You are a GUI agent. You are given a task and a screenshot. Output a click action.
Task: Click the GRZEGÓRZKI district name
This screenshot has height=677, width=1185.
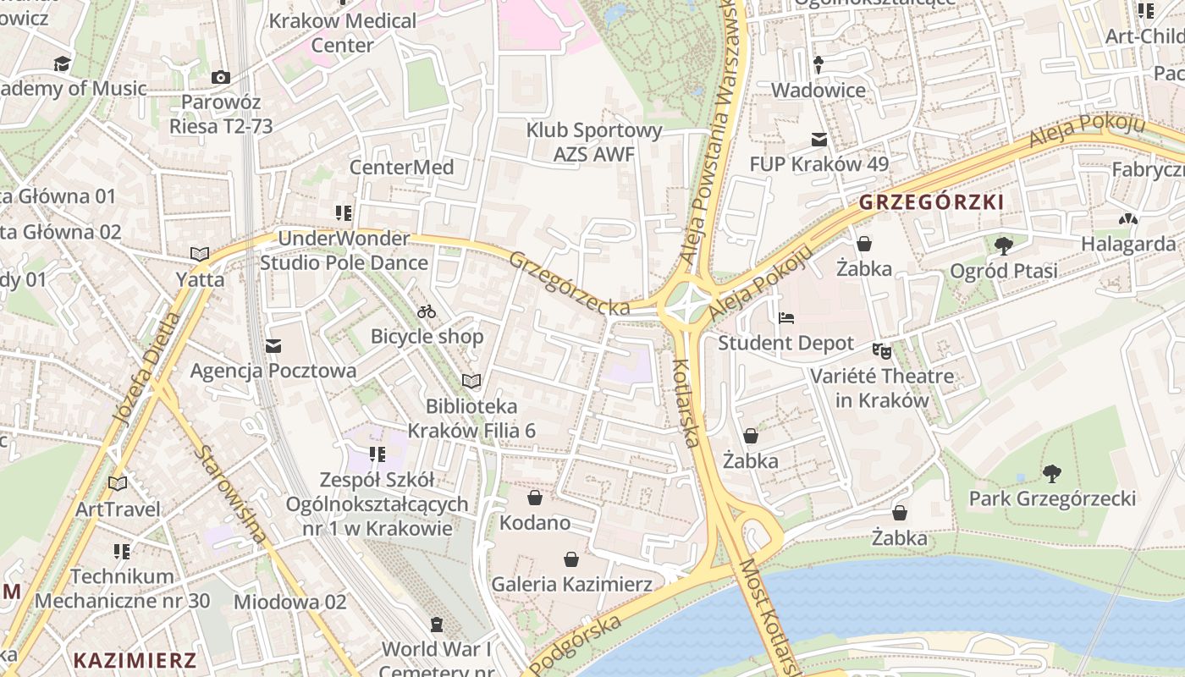pos(931,202)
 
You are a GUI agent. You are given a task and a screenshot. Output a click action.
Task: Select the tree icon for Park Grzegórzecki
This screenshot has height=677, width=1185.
pos(1052,474)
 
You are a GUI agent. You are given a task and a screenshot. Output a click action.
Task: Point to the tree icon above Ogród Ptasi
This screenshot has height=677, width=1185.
pos(1004,246)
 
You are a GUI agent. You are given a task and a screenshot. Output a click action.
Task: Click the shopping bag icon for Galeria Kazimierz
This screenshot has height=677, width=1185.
pos(571,559)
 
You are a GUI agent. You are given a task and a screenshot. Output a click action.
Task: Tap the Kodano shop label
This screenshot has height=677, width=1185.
pos(535,522)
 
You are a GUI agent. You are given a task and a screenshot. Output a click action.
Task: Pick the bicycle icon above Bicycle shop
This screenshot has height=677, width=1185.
pos(427,311)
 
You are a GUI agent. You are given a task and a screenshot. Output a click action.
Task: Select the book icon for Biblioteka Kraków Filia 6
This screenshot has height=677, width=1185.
pos(471,382)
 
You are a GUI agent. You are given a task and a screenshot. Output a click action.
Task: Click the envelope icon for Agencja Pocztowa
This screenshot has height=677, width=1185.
pos(273,346)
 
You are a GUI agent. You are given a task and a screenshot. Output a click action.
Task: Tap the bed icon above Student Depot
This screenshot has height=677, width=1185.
pos(786,318)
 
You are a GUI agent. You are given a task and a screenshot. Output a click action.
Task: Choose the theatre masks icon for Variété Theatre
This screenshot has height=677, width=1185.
pos(882,350)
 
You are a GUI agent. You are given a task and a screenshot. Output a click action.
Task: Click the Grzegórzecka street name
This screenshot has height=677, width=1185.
pos(570,283)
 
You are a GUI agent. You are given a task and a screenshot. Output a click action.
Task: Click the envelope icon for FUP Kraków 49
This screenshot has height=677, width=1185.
pos(818,140)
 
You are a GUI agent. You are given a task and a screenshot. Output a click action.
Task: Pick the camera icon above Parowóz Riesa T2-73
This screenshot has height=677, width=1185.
pos(221,78)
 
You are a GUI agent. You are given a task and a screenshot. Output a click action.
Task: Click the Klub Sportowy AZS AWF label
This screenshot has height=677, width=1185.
pos(593,142)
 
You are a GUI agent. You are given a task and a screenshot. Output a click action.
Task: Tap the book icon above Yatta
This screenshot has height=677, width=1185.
pos(200,254)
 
